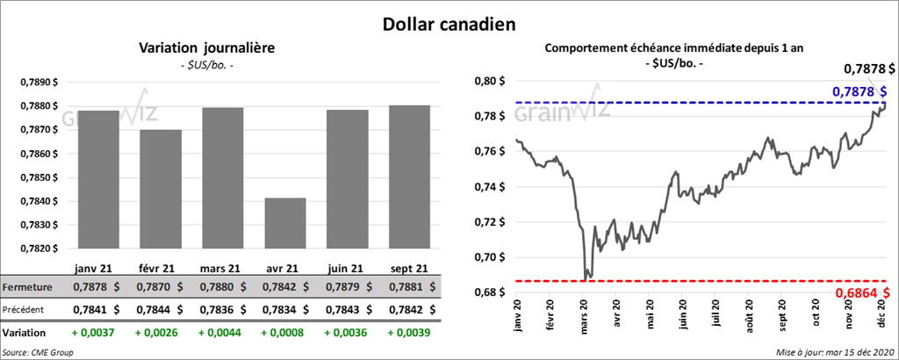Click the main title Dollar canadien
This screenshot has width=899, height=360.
[449, 24]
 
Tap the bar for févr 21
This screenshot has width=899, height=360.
[160, 189]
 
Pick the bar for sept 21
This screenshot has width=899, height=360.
[408, 176]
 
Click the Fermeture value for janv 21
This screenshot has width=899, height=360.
[95, 287]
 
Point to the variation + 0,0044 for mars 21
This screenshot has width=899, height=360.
[221, 333]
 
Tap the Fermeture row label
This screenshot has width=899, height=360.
[29, 287]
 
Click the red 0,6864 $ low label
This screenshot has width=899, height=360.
[864, 292]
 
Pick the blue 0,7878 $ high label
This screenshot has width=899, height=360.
[859, 91]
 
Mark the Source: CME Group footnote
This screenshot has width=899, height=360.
[38, 352]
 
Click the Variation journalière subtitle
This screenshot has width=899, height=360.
[207, 48]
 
